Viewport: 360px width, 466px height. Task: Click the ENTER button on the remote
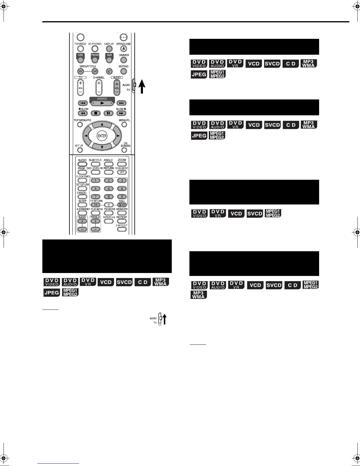[x=102, y=136]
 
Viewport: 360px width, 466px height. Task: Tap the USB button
[x=80, y=60]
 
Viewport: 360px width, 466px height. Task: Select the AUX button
[x=109, y=60]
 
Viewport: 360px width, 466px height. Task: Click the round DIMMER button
[x=124, y=60]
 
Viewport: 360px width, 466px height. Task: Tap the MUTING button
[x=124, y=71]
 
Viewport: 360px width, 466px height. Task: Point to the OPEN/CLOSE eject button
[x=124, y=49]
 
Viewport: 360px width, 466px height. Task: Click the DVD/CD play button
[x=102, y=103]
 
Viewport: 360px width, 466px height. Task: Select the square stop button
[x=96, y=113]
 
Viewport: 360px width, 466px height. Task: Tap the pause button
[x=108, y=113]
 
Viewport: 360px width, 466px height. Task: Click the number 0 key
[x=109, y=205]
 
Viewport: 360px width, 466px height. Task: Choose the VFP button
[x=122, y=172]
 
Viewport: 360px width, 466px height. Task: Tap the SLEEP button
[x=82, y=205]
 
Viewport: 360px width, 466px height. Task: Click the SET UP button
[x=79, y=150]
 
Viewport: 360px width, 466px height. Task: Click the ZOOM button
[x=122, y=164]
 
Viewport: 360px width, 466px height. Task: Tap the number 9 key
[x=122, y=197]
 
